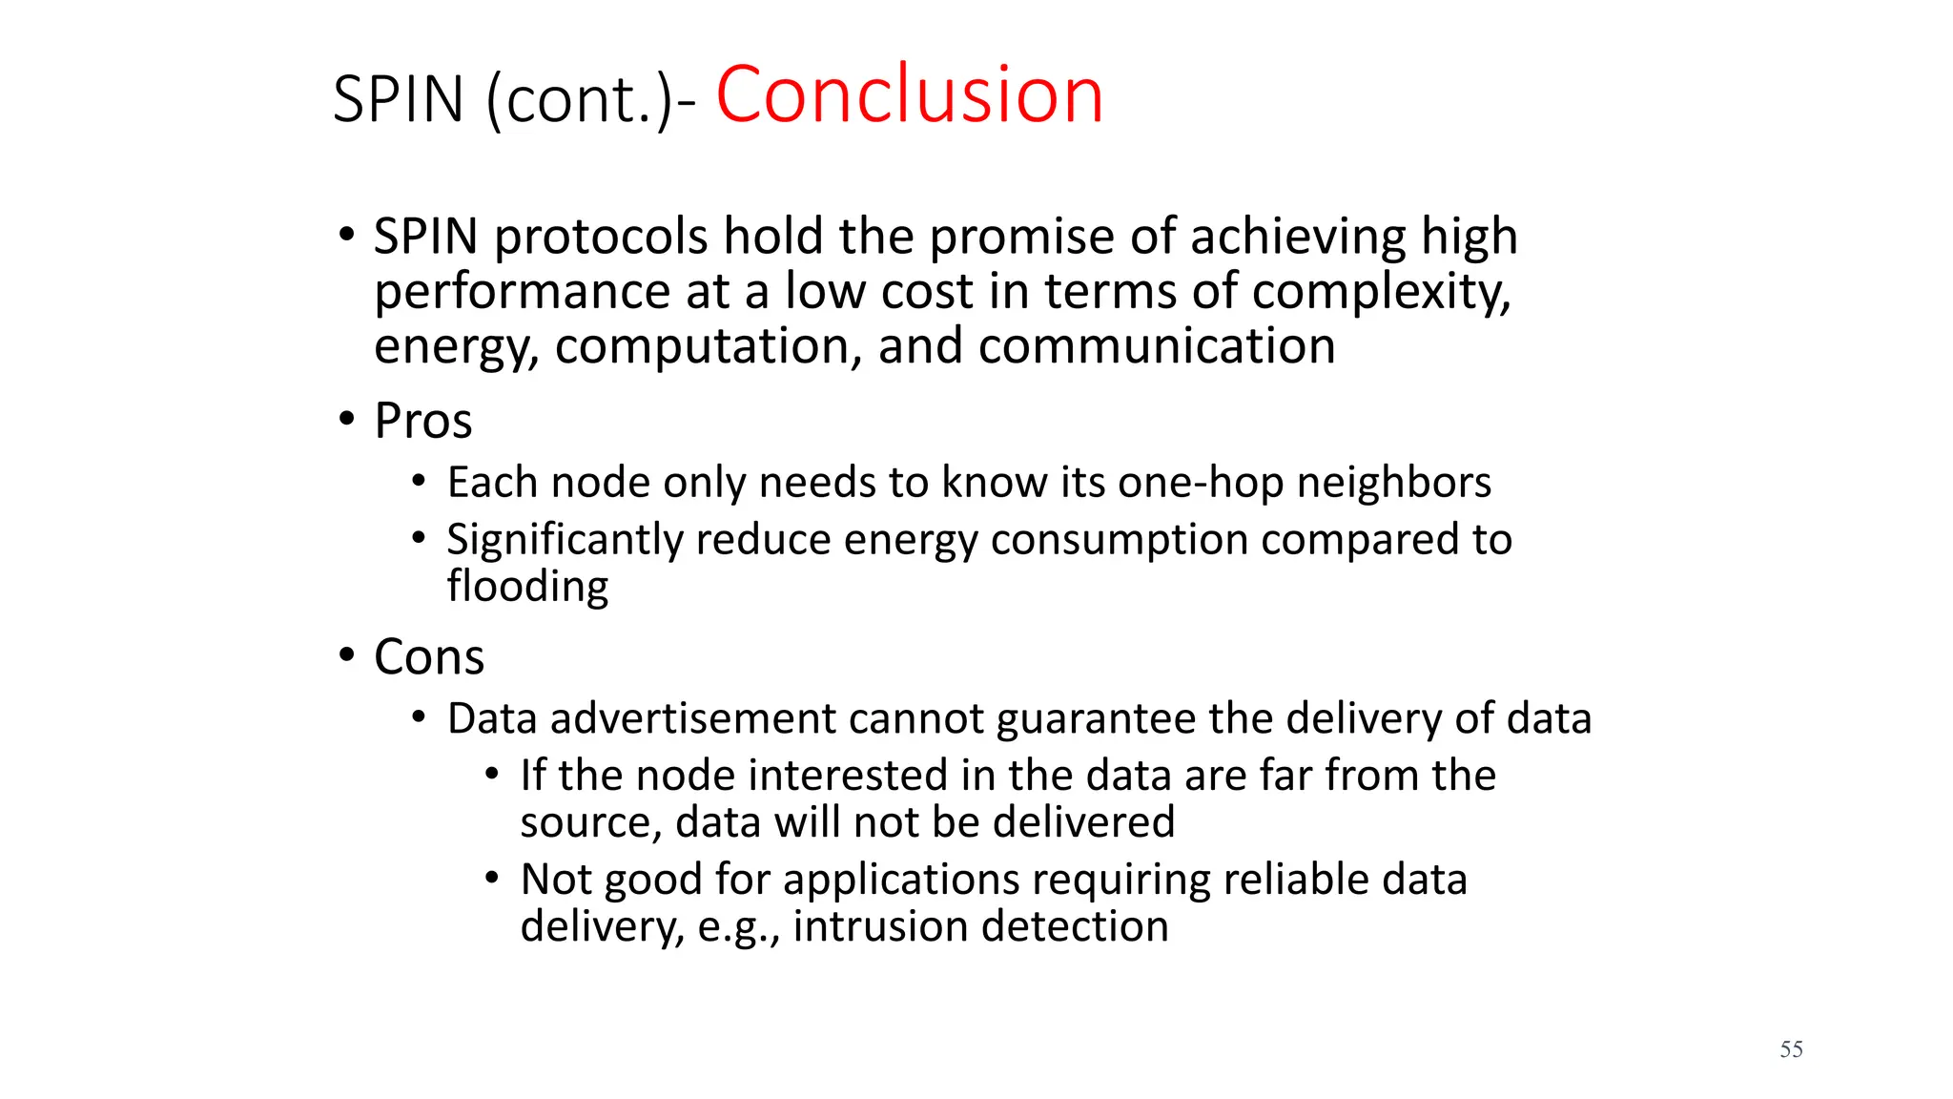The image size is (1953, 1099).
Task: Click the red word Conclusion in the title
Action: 909,95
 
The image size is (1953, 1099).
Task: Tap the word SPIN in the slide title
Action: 399,100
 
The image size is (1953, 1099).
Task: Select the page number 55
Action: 1791,1049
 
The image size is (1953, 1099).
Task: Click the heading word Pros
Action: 423,421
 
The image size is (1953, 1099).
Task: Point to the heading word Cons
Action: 429,657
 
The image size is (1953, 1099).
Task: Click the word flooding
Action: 527,586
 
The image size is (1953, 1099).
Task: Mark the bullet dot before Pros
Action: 347,419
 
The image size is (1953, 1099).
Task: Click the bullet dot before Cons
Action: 347,655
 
